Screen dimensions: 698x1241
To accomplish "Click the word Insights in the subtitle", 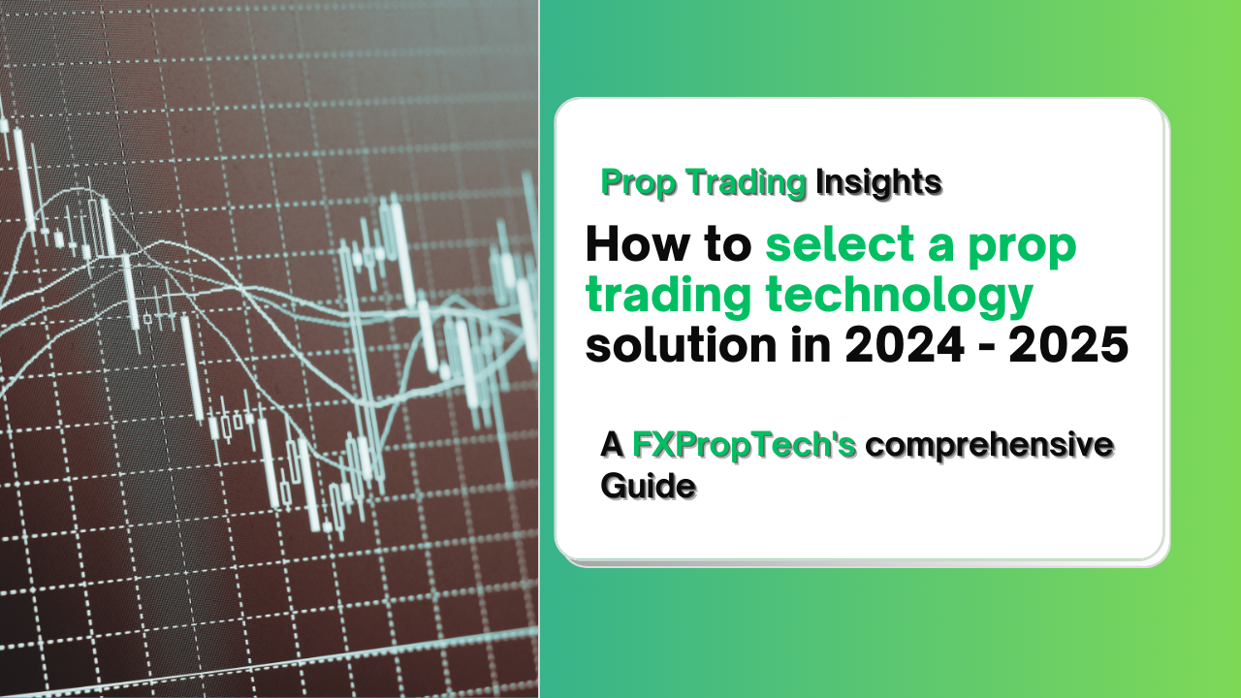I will (x=878, y=181).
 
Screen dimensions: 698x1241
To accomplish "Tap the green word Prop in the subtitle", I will (x=633, y=181).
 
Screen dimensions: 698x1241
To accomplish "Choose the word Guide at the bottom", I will (x=648, y=485).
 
